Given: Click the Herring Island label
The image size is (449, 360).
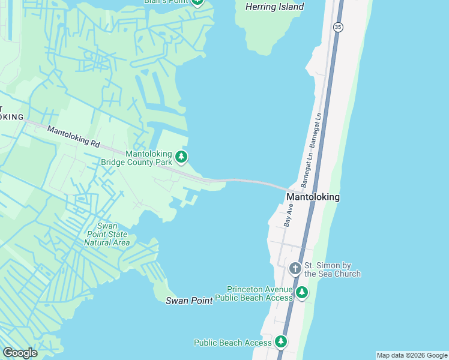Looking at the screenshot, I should (275, 7).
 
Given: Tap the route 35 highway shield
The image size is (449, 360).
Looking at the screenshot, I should (338, 27).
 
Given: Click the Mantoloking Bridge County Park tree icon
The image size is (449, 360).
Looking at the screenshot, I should (181, 158).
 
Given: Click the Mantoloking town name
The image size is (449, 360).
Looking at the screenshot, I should (313, 197).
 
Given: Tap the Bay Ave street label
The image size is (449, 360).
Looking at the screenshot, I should (289, 215).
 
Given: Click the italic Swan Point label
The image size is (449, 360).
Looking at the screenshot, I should (189, 301).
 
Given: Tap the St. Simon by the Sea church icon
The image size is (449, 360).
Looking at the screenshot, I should (295, 268).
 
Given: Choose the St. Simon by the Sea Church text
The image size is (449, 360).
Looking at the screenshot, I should (333, 269).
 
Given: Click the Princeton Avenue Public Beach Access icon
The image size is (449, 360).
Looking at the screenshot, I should (301, 292).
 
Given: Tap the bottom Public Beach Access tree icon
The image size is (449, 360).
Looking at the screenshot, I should (280, 342).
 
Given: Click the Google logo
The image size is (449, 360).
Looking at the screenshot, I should (20, 353).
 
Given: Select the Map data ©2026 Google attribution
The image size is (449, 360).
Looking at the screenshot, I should (412, 355).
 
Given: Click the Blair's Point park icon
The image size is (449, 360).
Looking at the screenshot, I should (198, 2).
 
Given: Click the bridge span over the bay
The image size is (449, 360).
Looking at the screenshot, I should (252, 181).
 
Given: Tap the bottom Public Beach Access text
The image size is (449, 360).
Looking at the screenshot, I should (233, 343).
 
